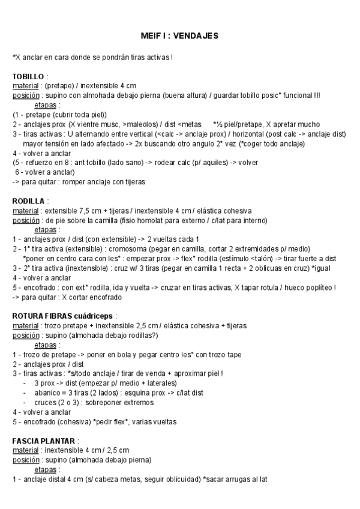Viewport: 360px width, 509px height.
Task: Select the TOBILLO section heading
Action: (28, 77)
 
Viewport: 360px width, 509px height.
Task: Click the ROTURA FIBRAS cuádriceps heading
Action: (64, 316)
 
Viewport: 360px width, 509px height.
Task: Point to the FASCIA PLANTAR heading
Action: (44, 441)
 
